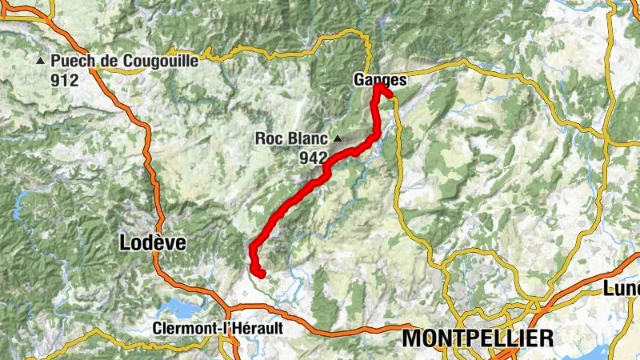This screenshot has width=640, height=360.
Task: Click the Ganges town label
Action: point(380,80)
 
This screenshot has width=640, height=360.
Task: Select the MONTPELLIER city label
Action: point(478,338)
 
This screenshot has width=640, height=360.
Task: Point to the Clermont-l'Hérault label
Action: point(218,328)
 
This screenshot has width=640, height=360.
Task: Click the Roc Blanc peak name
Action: point(292,138)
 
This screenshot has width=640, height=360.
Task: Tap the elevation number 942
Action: point(314,158)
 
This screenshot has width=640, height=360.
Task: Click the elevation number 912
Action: point(64,80)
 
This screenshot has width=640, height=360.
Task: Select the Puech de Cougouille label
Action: point(124,61)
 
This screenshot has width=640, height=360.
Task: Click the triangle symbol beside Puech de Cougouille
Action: point(40,61)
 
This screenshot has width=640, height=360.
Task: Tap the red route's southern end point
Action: point(261,274)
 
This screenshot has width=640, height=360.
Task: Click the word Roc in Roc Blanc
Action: point(268,138)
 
